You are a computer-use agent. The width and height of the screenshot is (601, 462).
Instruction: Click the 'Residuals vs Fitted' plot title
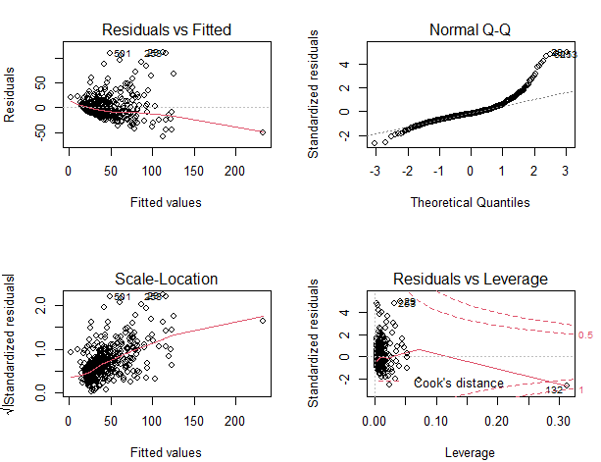click(x=172, y=30)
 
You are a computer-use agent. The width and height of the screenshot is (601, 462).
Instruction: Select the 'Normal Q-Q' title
click(x=472, y=30)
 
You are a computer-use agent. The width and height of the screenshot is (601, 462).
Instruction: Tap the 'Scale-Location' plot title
click(x=172, y=280)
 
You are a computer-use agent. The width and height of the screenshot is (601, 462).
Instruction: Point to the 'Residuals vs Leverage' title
click(x=472, y=280)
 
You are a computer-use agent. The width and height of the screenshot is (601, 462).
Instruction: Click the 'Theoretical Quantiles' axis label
click(x=472, y=202)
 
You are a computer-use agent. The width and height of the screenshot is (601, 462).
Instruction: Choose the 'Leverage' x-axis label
click(x=472, y=452)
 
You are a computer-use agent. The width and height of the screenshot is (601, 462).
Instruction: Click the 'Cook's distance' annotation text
click(x=458, y=383)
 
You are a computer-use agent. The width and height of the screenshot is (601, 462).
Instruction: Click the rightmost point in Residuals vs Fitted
click(x=263, y=131)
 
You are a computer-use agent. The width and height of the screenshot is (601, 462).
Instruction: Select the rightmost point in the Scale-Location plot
click(x=263, y=319)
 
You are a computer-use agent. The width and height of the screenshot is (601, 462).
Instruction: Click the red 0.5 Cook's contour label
click(x=584, y=335)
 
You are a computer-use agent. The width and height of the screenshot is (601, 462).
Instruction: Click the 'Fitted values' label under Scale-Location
click(x=172, y=452)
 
